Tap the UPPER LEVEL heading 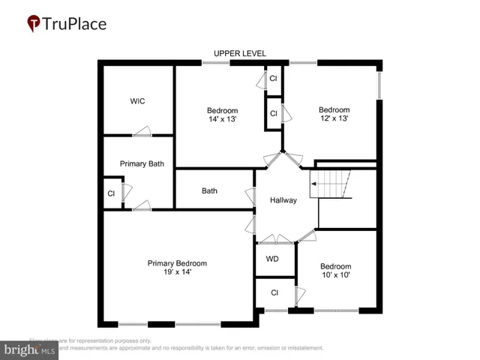click(x=240, y=53)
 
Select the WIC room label click(x=137, y=101)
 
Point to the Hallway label click(x=283, y=200)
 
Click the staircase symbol click(x=331, y=184)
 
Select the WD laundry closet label click(x=272, y=259)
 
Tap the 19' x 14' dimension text click(x=177, y=272)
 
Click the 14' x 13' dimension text click(x=222, y=118)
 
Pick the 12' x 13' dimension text click(x=334, y=118)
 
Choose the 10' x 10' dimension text click(x=335, y=275)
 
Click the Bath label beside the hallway click(x=209, y=190)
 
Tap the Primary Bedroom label click(x=177, y=263)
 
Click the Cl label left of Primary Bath click(x=111, y=193)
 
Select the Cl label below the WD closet click(x=274, y=292)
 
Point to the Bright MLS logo click(x=30, y=349)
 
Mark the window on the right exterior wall click(x=379, y=85)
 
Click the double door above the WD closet click(x=275, y=240)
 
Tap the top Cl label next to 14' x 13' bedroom click(x=273, y=78)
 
